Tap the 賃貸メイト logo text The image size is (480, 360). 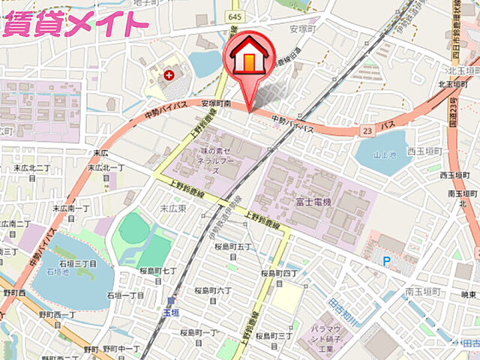[75, 24]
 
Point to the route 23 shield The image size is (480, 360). [365, 130]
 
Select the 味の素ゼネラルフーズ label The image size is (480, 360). [220, 160]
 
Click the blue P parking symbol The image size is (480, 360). [386, 260]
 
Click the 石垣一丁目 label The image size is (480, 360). [126, 296]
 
